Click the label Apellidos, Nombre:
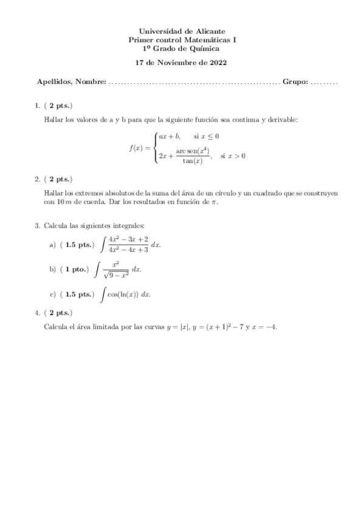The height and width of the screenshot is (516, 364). tap(71, 82)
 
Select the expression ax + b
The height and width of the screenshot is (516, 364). tap(170, 136)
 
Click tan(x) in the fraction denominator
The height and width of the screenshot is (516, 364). tap(193, 161)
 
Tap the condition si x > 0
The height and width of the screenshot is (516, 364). tap(233, 156)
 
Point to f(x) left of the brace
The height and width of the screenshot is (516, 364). tap(136, 147)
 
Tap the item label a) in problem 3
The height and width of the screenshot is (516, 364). tap(52, 245)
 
